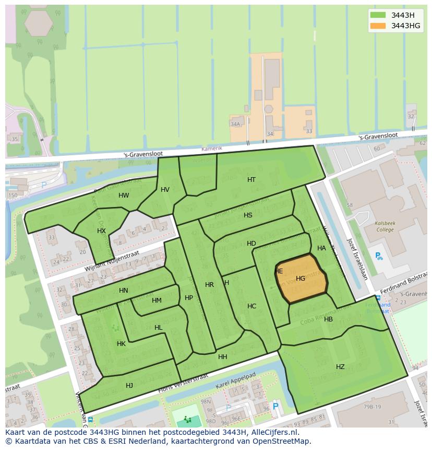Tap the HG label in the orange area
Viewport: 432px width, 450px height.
(x=300, y=279)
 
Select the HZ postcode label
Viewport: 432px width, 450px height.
(x=340, y=367)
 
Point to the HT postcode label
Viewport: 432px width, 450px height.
(x=251, y=180)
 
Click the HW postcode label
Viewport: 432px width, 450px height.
(x=124, y=196)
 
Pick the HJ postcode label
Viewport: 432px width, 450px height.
(x=129, y=386)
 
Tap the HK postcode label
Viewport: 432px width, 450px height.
(x=121, y=344)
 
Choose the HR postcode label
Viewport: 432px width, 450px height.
(x=209, y=285)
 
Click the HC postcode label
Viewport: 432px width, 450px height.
(x=251, y=306)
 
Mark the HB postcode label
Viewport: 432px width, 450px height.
(x=328, y=319)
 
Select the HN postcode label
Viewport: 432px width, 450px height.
(x=123, y=291)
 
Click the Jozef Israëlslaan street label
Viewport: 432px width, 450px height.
(x=357, y=259)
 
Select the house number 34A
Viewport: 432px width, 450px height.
(x=235, y=124)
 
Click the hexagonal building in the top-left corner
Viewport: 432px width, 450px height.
(x=39, y=23)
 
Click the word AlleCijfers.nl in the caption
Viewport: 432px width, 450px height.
(x=273, y=432)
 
